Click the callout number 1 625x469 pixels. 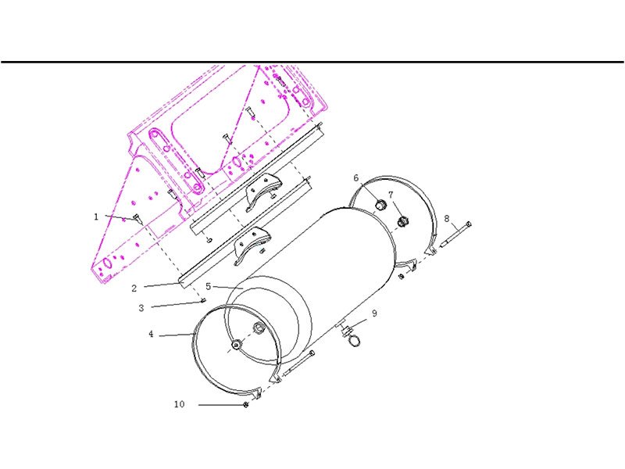pos(95,217)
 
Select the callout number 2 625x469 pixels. pos(134,288)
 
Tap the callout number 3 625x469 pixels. pos(141,308)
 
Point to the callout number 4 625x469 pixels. pos(151,334)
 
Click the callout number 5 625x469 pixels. pos(208,286)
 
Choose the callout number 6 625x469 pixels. pos(356,178)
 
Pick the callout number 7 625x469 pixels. pos(391,195)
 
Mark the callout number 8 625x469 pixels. pos(447,219)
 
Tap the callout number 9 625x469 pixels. pos(374,313)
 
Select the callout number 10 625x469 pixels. pos(180,404)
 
